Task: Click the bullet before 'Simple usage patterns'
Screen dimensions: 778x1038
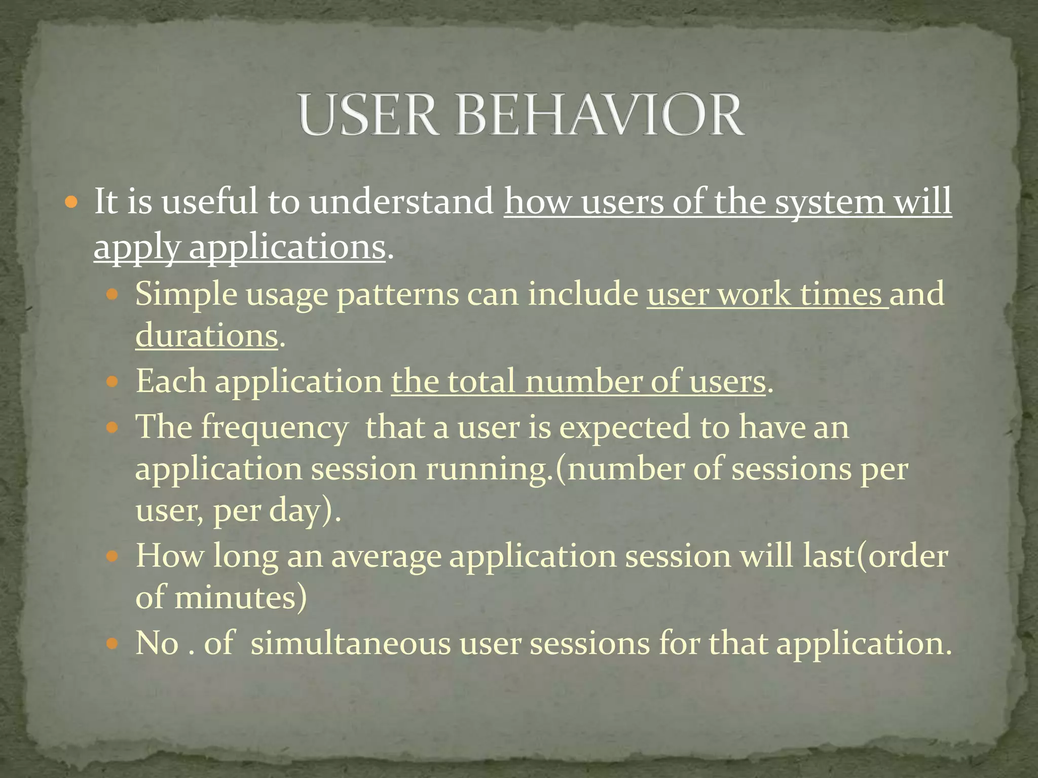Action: click(113, 294)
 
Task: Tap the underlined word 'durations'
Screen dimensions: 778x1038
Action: click(207, 335)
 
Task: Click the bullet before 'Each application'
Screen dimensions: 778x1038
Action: click(113, 381)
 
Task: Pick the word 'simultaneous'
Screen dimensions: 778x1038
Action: click(350, 643)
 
